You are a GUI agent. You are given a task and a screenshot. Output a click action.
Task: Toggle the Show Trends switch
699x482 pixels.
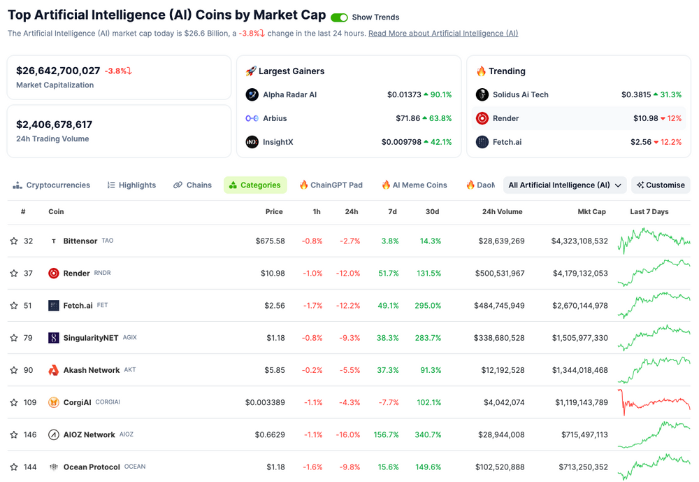click(339, 17)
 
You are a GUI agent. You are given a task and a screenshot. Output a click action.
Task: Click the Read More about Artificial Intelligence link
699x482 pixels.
click(443, 34)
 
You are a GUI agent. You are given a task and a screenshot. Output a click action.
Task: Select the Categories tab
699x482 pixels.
click(255, 185)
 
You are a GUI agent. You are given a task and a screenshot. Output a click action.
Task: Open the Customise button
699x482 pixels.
click(661, 185)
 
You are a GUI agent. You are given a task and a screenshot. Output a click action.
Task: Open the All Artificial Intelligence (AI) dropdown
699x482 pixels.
click(565, 185)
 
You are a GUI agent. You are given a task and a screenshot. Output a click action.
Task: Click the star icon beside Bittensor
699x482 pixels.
click(14, 241)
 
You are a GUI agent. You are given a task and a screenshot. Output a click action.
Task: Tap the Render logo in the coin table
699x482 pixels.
click(54, 274)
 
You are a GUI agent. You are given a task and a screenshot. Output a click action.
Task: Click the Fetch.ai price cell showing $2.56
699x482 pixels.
click(275, 306)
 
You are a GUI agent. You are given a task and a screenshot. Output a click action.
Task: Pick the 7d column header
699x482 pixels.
click(392, 212)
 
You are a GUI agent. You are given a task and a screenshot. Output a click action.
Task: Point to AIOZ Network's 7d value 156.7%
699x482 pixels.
click(386, 435)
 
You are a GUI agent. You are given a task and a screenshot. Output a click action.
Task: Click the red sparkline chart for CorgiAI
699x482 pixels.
click(654, 402)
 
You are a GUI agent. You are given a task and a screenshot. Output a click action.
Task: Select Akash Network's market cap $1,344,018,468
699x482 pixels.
click(579, 370)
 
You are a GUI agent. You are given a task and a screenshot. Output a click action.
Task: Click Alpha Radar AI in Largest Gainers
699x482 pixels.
click(289, 94)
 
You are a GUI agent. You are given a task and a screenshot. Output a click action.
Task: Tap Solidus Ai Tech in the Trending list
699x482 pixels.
click(520, 94)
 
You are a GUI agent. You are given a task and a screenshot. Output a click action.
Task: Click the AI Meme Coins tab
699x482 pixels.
click(414, 185)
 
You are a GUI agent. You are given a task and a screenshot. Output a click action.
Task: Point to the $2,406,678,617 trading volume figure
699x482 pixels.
click(55, 125)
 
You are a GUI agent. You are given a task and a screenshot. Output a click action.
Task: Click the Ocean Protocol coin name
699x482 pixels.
click(92, 467)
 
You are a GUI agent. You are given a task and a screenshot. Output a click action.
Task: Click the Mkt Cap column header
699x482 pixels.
click(591, 212)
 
